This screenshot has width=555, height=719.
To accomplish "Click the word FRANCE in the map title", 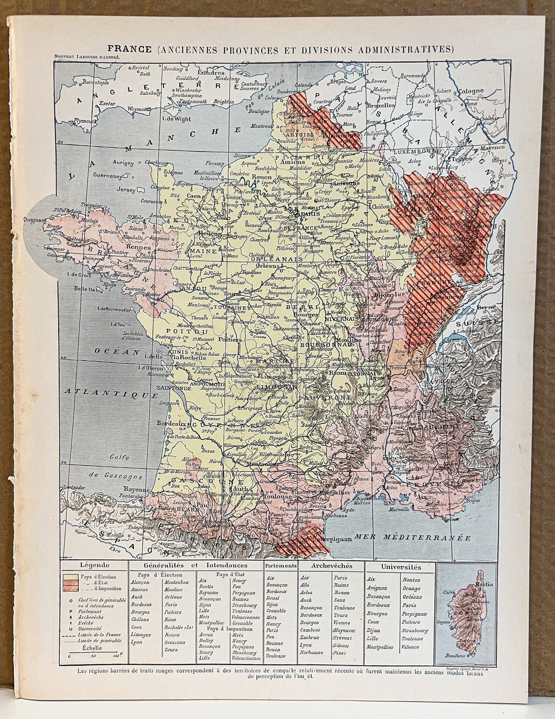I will tap(129, 49).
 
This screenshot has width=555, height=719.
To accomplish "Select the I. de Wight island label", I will tap(176, 119).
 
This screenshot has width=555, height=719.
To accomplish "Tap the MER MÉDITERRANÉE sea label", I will tap(419, 538).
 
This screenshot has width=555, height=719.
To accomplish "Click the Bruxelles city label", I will tap(380, 105).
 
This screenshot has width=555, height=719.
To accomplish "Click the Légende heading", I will tap(92, 565).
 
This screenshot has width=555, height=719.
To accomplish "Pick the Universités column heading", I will tap(401, 567).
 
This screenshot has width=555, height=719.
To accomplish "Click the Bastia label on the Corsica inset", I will tap(483, 584).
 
